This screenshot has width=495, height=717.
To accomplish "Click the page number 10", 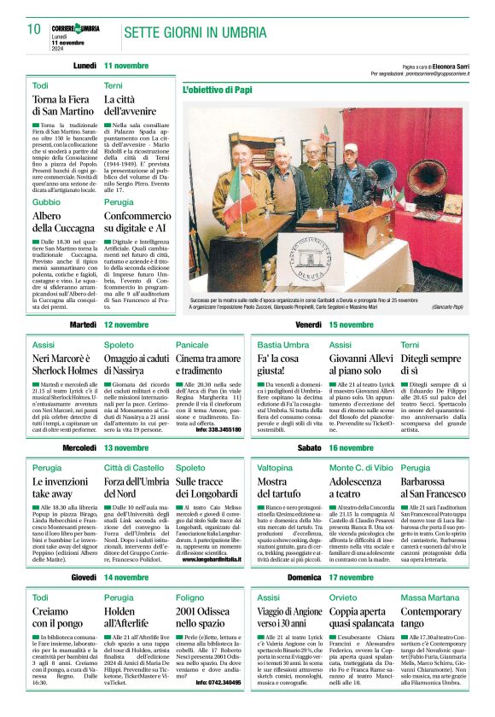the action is (x=33, y=29).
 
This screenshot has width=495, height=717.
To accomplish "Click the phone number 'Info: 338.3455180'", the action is (x=213, y=428).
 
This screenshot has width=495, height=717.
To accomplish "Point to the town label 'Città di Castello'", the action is (x=131, y=468).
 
